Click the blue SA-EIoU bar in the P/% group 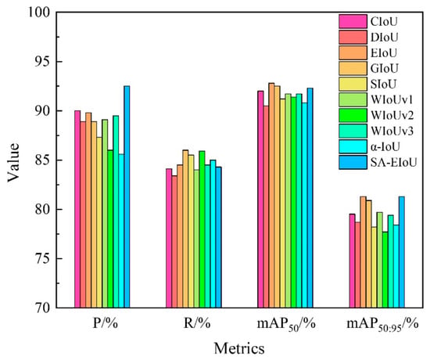pos(127,196)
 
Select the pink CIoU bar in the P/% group pos(77,209)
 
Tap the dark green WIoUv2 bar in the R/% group pos(202,229)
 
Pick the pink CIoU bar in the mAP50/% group pos(260,199)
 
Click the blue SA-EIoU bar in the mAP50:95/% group pos(402,252)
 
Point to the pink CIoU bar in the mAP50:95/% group pos(352,261)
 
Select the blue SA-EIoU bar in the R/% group pos(219,237)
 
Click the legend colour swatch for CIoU pos(353,21)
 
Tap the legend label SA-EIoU pos(394,162)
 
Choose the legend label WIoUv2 pos(392,115)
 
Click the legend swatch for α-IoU pos(353,146)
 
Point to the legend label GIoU pos(384,68)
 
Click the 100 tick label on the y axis pos(38,12)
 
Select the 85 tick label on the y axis pos(42,160)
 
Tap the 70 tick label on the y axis pos(42,308)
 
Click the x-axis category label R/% pos(197,323)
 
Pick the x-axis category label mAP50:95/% pos(382,325)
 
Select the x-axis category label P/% pos(106,323)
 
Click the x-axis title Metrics pos(239,349)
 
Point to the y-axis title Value pos(13,162)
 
